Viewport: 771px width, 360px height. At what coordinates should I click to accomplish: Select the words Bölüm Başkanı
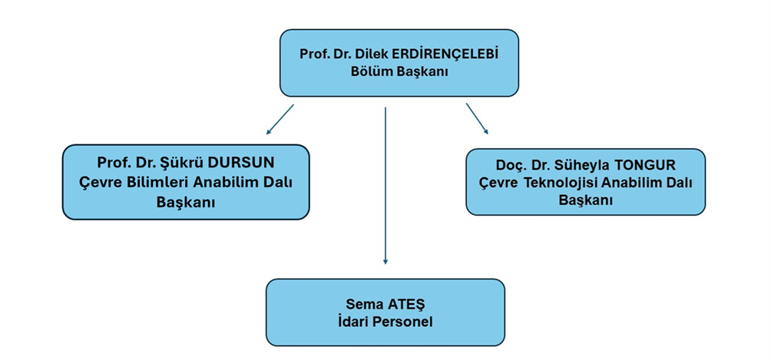click(399, 71)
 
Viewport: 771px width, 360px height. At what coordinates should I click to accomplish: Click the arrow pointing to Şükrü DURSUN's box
click(280, 118)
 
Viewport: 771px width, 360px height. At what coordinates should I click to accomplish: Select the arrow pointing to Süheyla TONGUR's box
click(477, 118)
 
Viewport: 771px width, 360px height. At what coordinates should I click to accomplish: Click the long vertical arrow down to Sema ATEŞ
click(385, 184)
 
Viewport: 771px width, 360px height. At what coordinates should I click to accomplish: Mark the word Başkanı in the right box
click(585, 200)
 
